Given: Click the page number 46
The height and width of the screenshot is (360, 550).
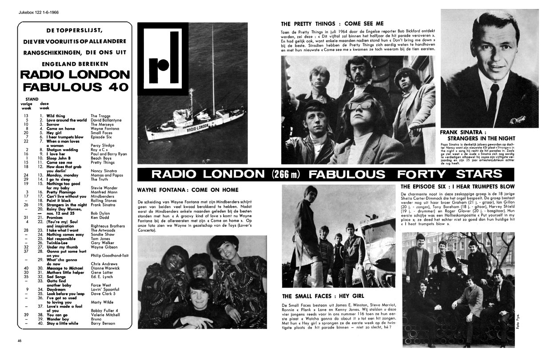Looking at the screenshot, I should pyautogui.click(x=20, y=340).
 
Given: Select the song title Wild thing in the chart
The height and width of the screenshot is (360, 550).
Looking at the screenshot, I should pyautogui.click(x=56, y=116).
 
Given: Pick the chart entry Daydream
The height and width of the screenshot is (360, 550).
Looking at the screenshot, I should pyautogui.click(x=56, y=289).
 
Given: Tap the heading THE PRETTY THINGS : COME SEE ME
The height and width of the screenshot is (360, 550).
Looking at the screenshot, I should pyautogui.click(x=332, y=24).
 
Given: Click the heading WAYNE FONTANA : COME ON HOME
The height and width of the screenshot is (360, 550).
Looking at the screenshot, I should pyautogui.click(x=188, y=190).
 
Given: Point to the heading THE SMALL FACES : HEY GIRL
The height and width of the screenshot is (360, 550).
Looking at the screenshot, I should pyautogui.click(x=323, y=296).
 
